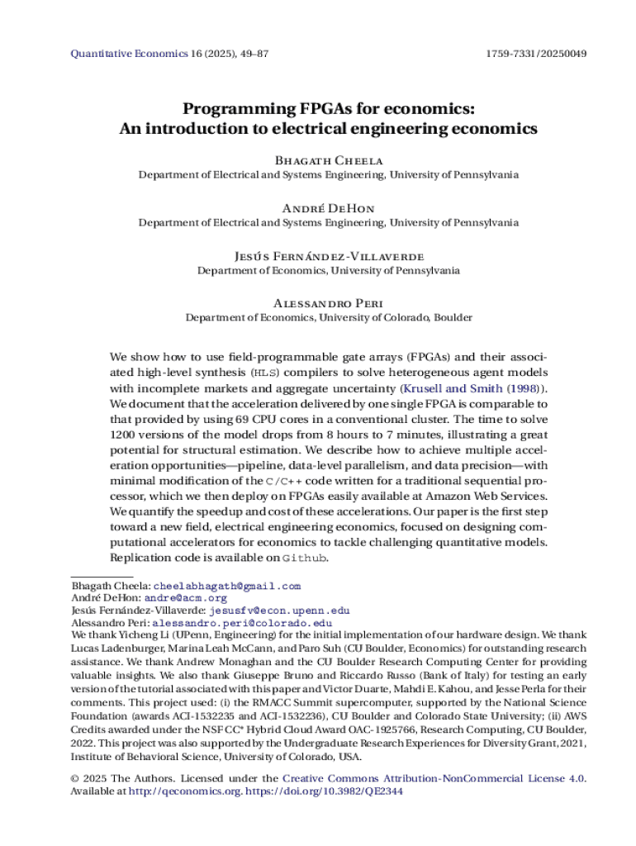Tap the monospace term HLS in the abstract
tap(261, 373)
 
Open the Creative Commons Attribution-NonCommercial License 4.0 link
tap(434, 778)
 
